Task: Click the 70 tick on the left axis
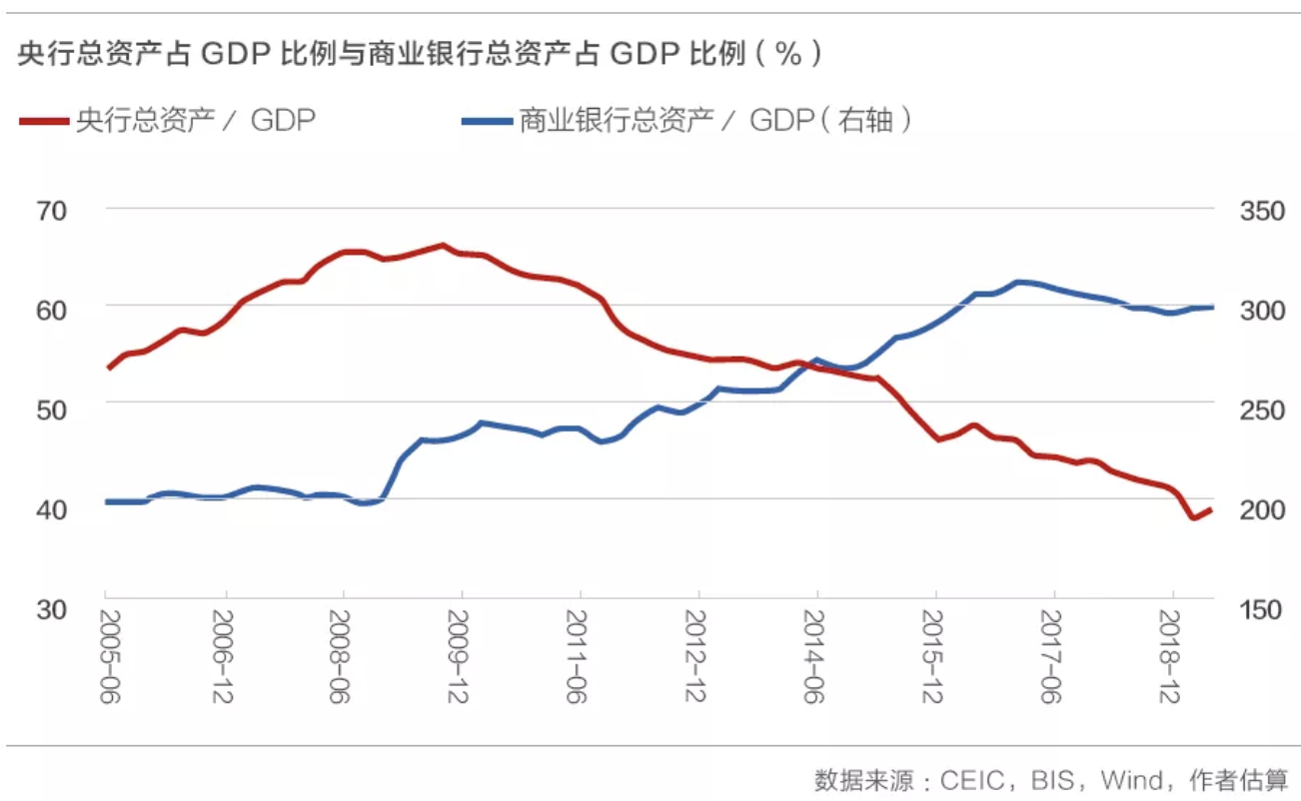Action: tap(52, 211)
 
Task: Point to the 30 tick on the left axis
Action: tap(52, 608)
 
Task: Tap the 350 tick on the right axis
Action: tap(1260, 211)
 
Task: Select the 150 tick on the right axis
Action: tap(1260, 608)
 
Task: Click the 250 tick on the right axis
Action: tap(1260, 409)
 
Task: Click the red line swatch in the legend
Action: tap(44, 122)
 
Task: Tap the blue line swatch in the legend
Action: tap(487, 122)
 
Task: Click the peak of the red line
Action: tap(442, 245)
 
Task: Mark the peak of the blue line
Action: tap(1019, 283)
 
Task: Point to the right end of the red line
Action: tap(1211, 509)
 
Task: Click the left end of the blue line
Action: tap(107, 501)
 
